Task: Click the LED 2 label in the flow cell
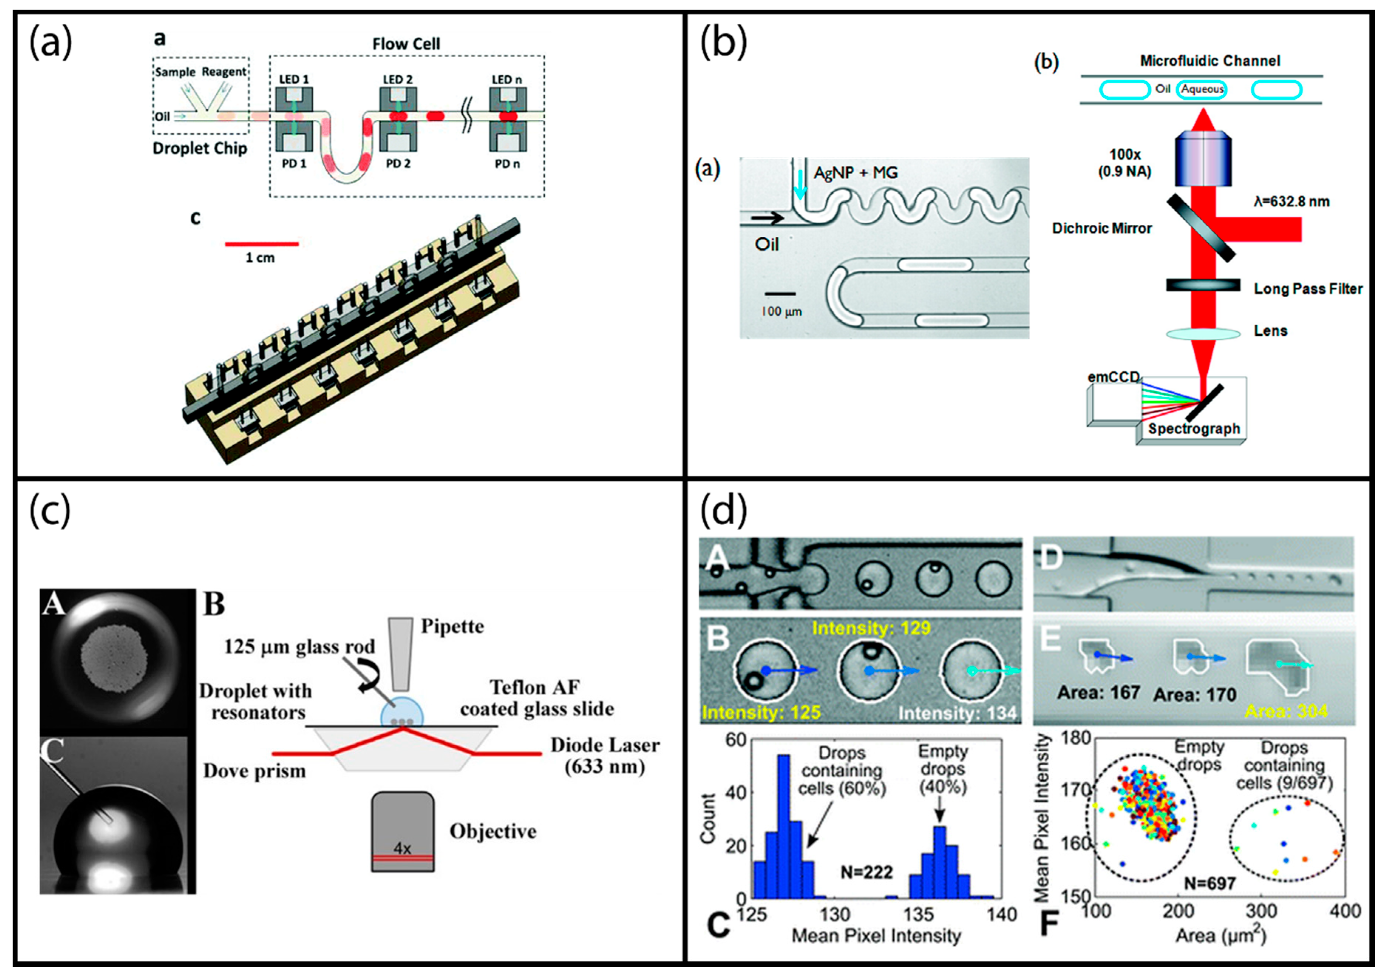pos(398,79)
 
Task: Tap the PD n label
pos(507,164)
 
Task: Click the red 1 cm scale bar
pos(261,244)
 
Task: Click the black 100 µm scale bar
pos(780,294)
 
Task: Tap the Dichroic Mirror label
pos(1102,228)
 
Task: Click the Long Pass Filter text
pos(1308,289)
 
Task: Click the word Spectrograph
pos(1193,429)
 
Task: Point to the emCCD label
pos(1113,377)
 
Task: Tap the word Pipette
pos(452,627)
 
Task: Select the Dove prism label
pos(254,771)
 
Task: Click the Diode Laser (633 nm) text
pos(605,756)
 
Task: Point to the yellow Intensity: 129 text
pos(871,629)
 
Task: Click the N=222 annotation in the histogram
pos(866,871)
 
